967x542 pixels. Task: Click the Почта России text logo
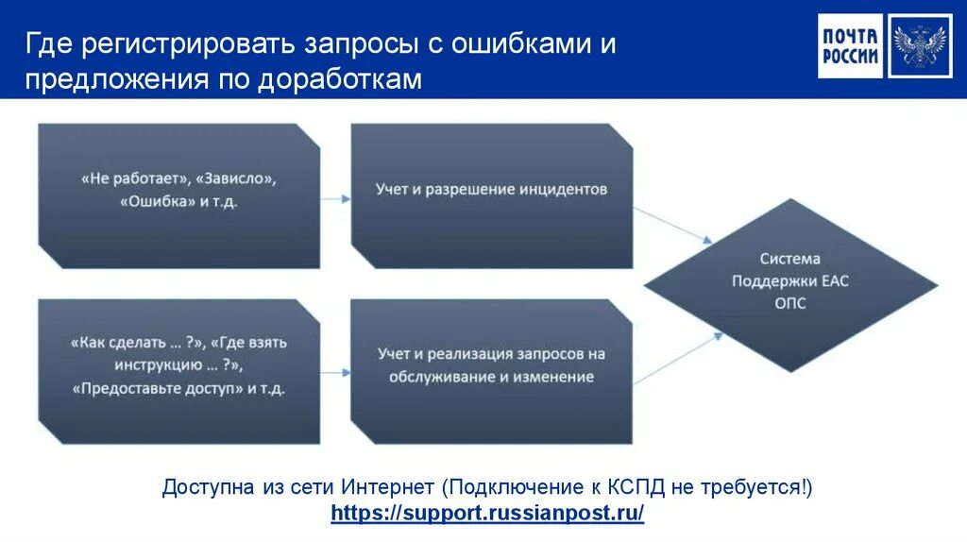point(849,46)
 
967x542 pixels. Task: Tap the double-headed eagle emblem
point(919,46)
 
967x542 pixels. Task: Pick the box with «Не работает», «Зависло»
point(178,190)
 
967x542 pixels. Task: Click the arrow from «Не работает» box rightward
point(334,198)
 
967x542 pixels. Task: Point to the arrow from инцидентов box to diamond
point(672,223)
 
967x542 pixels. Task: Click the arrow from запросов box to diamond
point(672,363)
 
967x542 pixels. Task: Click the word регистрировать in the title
point(191,45)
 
